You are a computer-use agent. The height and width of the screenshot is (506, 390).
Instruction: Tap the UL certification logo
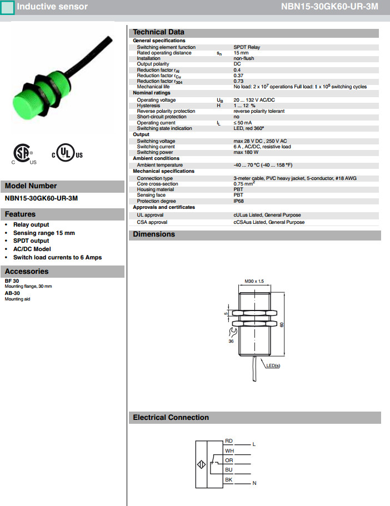[x=67, y=154]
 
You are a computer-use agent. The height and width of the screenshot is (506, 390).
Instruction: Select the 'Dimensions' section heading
[x=154, y=234]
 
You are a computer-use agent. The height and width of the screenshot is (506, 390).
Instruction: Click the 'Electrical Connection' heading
[x=171, y=418]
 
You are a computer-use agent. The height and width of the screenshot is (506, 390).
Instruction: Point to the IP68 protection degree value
[x=238, y=201]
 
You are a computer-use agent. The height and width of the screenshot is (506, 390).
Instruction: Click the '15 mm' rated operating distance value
[x=241, y=53]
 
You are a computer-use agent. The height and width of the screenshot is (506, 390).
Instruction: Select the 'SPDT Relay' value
[x=246, y=47]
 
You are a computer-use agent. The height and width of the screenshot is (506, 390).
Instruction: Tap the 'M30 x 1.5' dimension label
[x=254, y=282]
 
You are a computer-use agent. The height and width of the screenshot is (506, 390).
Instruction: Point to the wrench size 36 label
[x=231, y=342]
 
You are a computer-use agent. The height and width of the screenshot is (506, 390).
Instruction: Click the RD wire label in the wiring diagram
[x=229, y=441]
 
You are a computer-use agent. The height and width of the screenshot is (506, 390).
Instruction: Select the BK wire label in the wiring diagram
[x=229, y=479]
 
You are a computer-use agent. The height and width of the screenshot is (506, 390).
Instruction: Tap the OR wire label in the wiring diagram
[x=229, y=460]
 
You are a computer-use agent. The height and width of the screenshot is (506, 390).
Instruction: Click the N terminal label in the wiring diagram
[x=254, y=483]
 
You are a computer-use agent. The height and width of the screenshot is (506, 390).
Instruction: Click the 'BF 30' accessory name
[x=12, y=281]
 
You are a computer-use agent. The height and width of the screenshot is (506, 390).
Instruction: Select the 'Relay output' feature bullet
[x=31, y=225]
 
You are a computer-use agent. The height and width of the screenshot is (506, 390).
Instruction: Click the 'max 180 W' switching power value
[x=247, y=152]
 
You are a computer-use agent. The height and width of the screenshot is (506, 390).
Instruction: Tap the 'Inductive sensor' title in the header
[x=52, y=7]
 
